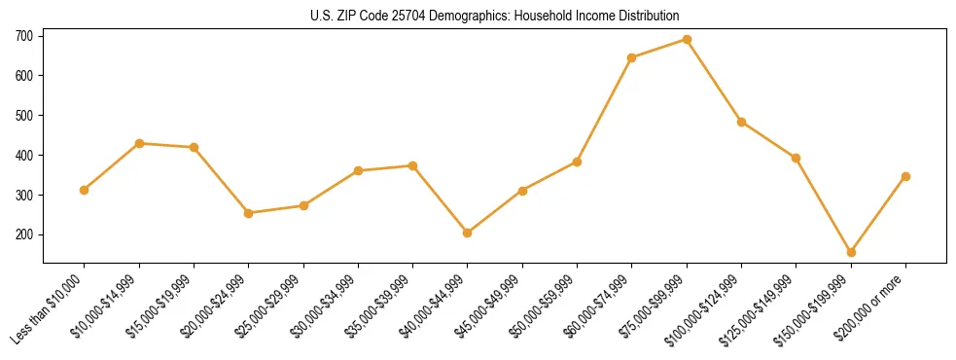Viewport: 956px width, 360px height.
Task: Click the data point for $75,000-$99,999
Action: pyautogui.click(x=687, y=40)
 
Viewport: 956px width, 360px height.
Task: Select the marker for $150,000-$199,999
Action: pyautogui.click(x=851, y=252)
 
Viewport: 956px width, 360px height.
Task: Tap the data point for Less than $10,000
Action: pyautogui.click(x=85, y=190)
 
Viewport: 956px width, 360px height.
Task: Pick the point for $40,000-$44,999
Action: pyautogui.click(x=468, y=233)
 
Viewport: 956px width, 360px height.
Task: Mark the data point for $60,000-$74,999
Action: pyautogui.click(x=632, y=57)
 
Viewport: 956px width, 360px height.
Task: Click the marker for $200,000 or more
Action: pyautogui.click(x=905, y=176)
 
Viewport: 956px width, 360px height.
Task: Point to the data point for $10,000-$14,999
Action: pyautogui.click(x=139, y=143)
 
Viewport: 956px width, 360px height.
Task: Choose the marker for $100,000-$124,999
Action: pyautogui.click(x=741, y=122)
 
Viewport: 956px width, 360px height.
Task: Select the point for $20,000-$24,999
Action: pyautogui.click(x=249, y=213)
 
